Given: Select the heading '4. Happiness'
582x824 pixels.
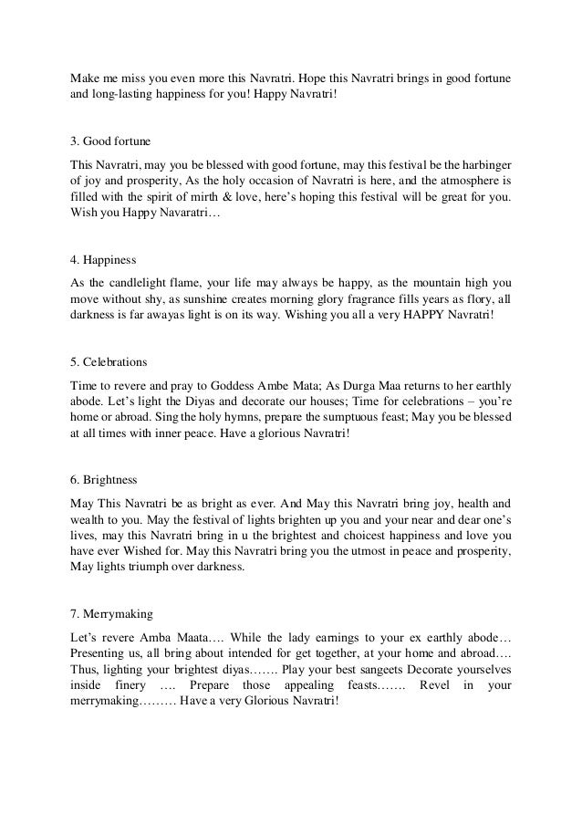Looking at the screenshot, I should pos(104,258).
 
